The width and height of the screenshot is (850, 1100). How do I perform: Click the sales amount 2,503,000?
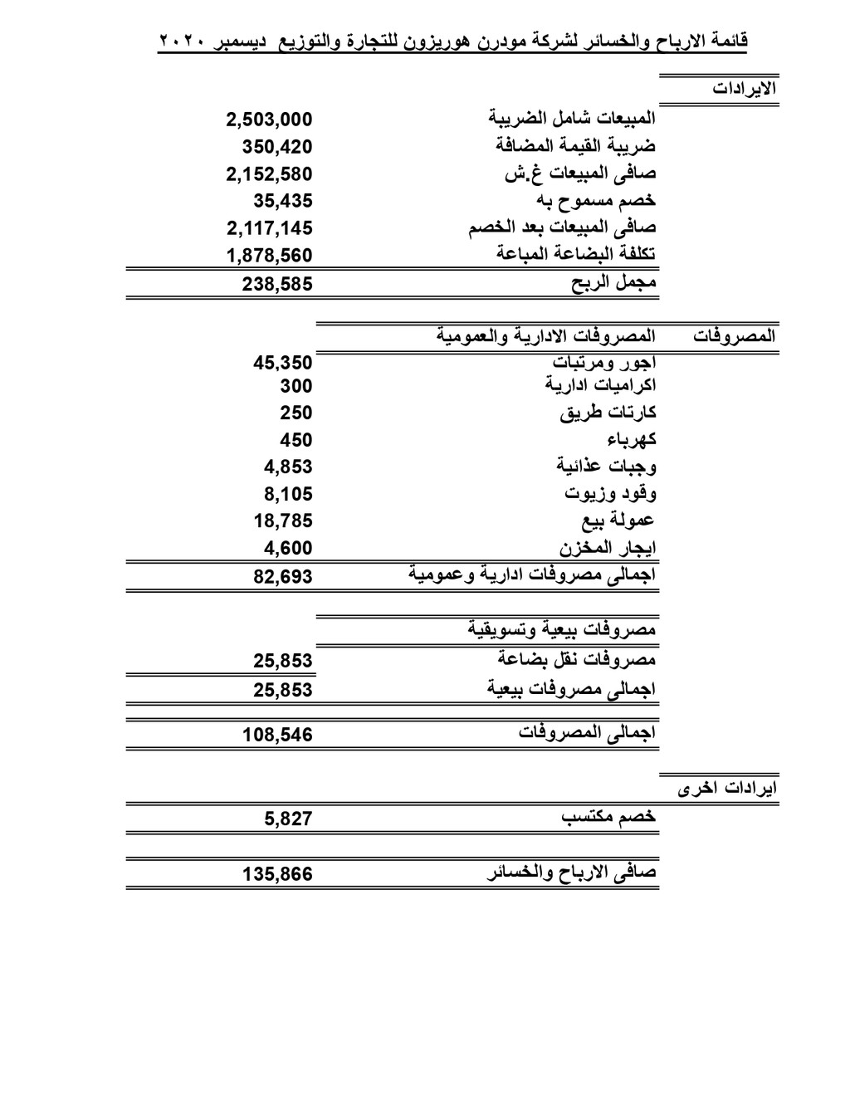pos(269,120)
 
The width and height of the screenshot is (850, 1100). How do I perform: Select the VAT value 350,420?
pos(277,147)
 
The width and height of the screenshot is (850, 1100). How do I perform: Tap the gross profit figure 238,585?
pos(277,284)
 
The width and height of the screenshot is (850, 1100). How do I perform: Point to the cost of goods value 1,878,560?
pos(269,255)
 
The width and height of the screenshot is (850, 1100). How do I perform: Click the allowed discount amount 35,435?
pos(283,200)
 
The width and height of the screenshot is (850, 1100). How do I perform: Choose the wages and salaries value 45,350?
pos(283,362)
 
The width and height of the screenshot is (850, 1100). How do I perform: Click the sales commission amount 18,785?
pos(283,521)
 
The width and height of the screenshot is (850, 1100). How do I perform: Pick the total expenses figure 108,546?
pos(277,734)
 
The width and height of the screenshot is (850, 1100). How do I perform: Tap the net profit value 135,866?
pos(277,873)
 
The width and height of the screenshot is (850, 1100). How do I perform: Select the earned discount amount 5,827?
pos(289,819)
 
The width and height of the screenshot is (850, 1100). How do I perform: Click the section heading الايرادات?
pos(744,89)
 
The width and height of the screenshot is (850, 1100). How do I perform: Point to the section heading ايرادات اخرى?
pos(727,788)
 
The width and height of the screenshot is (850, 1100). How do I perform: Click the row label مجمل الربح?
pos(614,283)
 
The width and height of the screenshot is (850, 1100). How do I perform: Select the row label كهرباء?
pos(632,439)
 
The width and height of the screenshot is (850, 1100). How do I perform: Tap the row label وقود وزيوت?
pos(611,493)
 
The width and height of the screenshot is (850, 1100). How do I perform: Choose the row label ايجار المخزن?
pos(608,548)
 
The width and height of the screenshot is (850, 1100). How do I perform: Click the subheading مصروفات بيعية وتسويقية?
pos(561,630)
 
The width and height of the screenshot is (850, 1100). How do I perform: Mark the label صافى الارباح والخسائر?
pos(572,873)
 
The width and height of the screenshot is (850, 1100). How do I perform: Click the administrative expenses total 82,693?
pos(283,576)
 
